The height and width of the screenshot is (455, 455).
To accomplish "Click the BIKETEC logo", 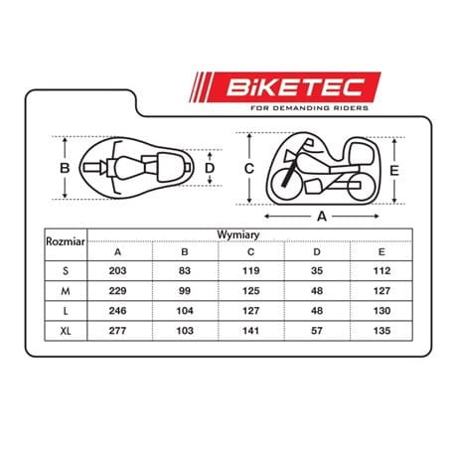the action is click(x=285, y=87).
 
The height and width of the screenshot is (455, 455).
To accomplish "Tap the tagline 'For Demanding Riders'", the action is click(x=309, y=108).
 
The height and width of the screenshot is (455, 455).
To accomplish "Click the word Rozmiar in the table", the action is click(x=66, y=241).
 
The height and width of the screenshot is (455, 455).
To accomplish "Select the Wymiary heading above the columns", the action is click(x=238, y=234).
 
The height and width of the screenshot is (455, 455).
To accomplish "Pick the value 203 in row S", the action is click(x=117, y=271).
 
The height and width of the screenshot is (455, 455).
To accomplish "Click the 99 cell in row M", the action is click(x=185, y=291).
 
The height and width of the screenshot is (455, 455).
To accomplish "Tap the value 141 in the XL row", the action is click(x=250, y=331).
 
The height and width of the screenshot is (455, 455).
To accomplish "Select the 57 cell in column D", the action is click(x=317, y=331).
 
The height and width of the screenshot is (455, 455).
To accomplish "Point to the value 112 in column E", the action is click(x=381, y=271).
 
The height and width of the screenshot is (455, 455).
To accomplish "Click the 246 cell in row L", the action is click(x=117, y=311).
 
